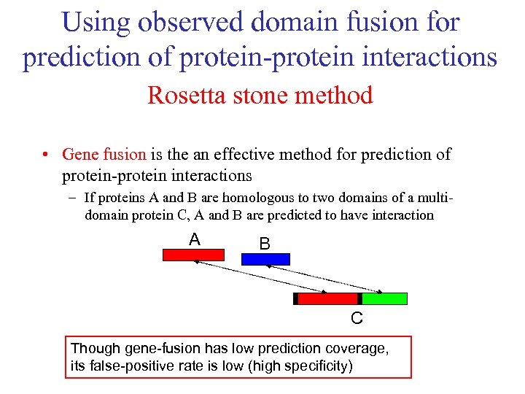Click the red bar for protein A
click(193, 255)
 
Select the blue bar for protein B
click(265, 259)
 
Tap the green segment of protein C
click(384, 298)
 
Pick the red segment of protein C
click(327, 298)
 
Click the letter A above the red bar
click(194, 239)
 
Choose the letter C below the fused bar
click(357, 319)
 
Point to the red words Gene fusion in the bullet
click(104, 155)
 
